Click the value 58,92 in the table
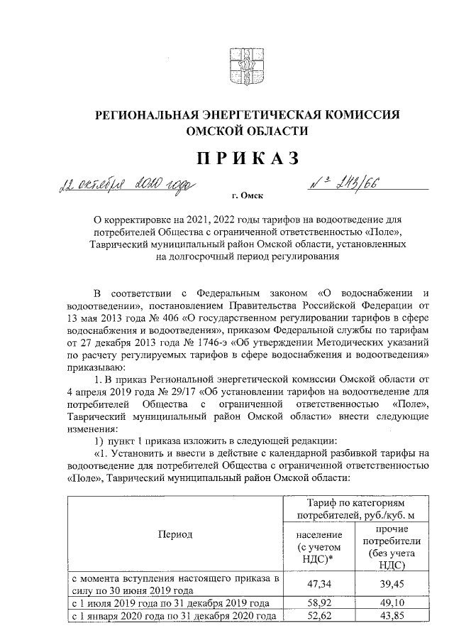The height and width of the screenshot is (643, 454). pos(320,602)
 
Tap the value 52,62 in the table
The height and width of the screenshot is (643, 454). pos(320,615)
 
